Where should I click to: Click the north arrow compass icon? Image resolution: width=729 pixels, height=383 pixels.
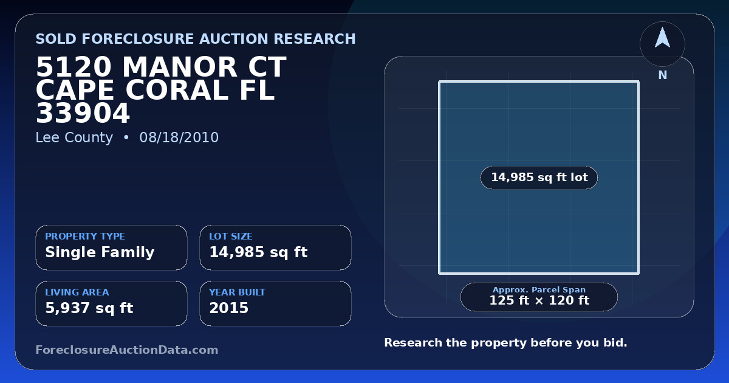(662, 44)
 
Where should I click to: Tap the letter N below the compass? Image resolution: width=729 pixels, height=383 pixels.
(663, 75)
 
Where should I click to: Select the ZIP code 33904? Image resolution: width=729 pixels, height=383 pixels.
(83, 113)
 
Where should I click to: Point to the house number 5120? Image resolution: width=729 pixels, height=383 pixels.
(74, 67)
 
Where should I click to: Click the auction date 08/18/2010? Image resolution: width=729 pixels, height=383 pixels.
(179, 137)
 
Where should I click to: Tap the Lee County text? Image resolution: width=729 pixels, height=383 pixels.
(74, 138)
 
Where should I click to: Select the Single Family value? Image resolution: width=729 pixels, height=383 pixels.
(100, 252)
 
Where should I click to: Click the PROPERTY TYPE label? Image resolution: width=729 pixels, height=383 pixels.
(85, 236)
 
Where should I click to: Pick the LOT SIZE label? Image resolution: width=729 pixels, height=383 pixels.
(231, 236)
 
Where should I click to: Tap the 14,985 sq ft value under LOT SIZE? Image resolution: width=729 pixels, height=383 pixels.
(258, 252)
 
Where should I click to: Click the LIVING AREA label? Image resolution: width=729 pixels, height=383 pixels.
(77, 292)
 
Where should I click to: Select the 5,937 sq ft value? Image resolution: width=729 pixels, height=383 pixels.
(89, 308)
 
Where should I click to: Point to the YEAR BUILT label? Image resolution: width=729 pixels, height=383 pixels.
(238, 292)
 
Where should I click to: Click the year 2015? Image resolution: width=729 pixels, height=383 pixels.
(229, 308)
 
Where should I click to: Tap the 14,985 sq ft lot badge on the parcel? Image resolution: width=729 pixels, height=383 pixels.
(539, 178)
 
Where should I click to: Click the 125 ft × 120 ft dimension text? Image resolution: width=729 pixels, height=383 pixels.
(539, 300)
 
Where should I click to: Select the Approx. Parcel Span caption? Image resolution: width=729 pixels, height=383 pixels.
(539, 289)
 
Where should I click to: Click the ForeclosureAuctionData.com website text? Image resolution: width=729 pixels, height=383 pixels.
(127, 350)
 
